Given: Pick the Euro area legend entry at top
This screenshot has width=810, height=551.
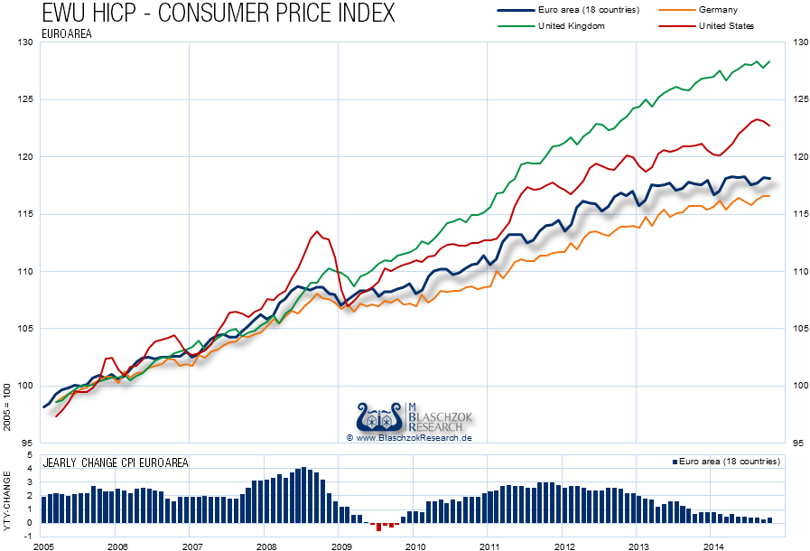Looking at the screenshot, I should (587, 9).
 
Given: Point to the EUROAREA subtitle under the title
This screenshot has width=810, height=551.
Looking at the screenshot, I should (68, 33).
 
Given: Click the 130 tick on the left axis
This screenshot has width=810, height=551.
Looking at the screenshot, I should (26, 42).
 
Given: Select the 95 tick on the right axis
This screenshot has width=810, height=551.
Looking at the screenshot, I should (797, 443).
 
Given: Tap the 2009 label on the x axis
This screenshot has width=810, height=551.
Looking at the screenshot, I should (340, 546).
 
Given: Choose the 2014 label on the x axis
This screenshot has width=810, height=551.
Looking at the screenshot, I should (713, 546).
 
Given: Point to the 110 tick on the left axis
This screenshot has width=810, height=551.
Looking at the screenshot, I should (26, 271).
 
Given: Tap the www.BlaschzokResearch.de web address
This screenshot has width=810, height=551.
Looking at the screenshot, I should (409, 437).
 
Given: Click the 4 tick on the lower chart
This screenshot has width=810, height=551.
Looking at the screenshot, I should (31, 468).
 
